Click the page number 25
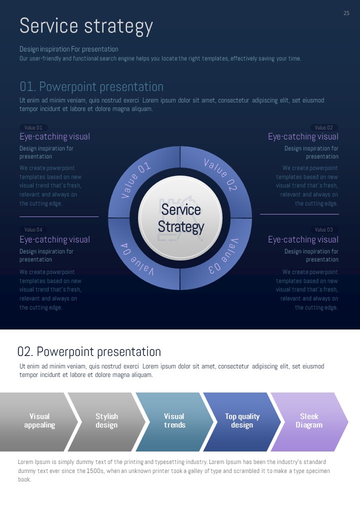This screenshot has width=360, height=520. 346,13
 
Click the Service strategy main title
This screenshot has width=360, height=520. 86,26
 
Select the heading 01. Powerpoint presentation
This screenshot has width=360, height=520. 91,87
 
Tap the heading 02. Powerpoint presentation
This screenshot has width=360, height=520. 89,351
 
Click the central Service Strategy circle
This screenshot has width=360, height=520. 180,218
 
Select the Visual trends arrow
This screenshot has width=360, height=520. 174,421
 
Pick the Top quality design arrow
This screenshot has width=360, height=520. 242,421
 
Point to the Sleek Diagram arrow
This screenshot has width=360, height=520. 309,421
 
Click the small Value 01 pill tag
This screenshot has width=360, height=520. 33,127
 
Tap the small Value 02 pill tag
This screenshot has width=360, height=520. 324,127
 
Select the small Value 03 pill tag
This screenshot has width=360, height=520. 324,229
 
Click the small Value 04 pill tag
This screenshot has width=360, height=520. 33,229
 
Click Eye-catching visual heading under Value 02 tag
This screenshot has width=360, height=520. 303,137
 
